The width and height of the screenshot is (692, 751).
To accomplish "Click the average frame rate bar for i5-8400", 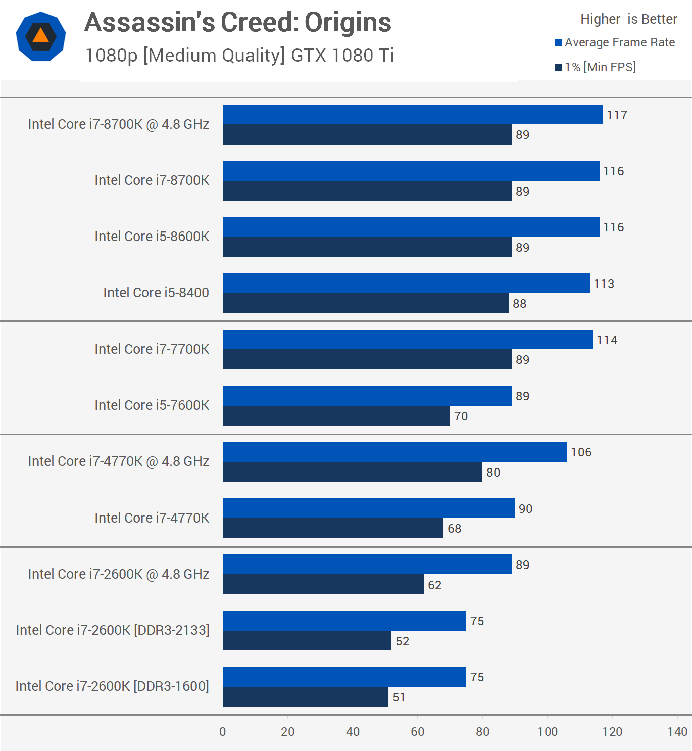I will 406,283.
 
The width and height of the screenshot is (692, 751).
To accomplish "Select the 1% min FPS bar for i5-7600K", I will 336,416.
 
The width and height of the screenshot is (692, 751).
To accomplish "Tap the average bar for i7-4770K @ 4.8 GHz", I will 395,452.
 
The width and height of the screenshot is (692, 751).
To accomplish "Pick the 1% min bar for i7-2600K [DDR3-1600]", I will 306,697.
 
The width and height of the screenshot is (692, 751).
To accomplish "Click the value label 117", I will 617,115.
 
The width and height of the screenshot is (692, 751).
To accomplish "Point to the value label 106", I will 581,452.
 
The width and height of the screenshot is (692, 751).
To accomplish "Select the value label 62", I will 434,585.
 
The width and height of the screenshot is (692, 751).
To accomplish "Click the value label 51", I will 399,697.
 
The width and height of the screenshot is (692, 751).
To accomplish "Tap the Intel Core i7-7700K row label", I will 152,349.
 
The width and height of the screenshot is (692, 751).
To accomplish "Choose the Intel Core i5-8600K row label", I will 152,237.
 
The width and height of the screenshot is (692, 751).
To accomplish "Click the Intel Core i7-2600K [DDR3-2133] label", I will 113,630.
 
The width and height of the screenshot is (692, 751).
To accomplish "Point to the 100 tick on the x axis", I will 548,732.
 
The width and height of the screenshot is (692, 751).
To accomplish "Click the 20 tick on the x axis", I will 288,732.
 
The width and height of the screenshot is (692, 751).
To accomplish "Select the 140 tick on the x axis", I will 677,732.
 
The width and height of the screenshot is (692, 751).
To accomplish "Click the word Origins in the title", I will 348,23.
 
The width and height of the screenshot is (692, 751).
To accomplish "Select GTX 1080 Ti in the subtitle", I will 342,55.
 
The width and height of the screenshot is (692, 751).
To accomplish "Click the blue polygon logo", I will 41,36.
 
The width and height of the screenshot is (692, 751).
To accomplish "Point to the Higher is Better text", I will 628,19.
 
